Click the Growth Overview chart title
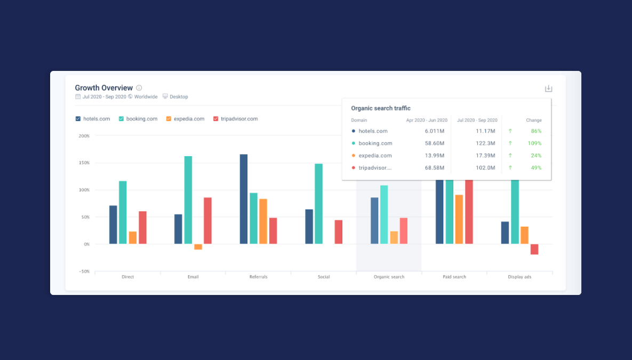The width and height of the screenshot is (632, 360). coord(103,88)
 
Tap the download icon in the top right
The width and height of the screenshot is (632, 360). coord(548,89)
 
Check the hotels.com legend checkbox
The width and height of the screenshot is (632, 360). coord(78,119)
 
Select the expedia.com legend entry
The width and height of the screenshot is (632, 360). coord(185,119)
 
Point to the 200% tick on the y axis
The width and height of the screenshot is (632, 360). coord(84,136)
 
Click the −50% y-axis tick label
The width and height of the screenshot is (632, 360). coord(84,271)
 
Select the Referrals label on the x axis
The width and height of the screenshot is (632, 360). coord(258,277)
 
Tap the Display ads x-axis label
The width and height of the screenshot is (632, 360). coord(519,277)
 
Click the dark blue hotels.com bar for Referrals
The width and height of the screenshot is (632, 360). coord(244,199)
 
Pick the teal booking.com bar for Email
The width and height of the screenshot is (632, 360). coord(188,200)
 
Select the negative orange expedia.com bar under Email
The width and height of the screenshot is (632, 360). coord(198,247)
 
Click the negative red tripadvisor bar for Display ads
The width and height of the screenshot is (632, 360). coord(534,249)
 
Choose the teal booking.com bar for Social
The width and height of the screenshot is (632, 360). coord(318,204)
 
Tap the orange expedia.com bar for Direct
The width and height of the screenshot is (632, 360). coord(133,237)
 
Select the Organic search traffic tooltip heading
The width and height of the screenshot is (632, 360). coord(380,108)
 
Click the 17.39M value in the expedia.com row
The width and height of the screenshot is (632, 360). coord(486,156)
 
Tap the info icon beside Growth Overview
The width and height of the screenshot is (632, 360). coord(139,88)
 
